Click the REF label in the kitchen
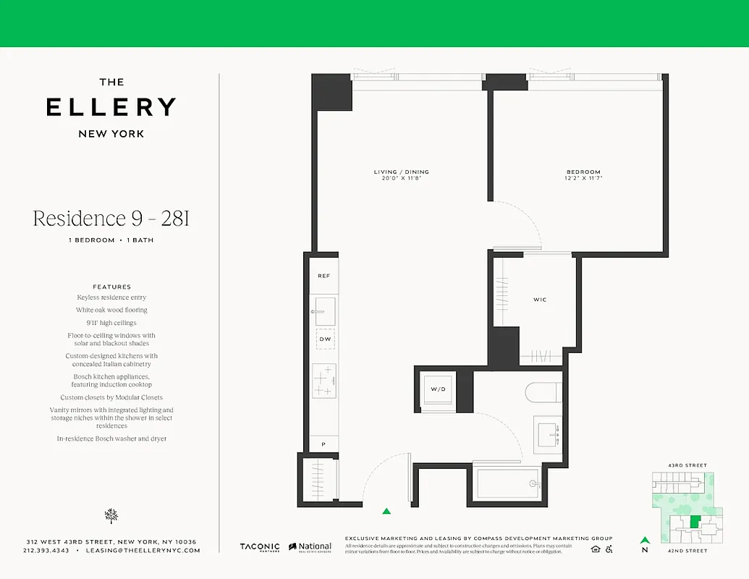tap(323, 276)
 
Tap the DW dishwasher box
tap(324, 338)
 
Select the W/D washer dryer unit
tap(439, 389)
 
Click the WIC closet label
tap(540, 299)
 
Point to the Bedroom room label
tap(583, 172)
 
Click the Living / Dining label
tap(401, 172)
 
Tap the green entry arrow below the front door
tap(386, 511)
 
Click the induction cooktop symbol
tap(324, 380)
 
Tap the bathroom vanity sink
tap(547, 433)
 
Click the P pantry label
tap(323, 444)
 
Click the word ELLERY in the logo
tap(111, 107)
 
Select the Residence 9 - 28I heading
tap(111, 219)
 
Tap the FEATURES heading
tap(111, 287)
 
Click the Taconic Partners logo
tap(260, 547)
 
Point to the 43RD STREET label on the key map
tap(688, 465)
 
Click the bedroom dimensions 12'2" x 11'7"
tap(583, 179)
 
